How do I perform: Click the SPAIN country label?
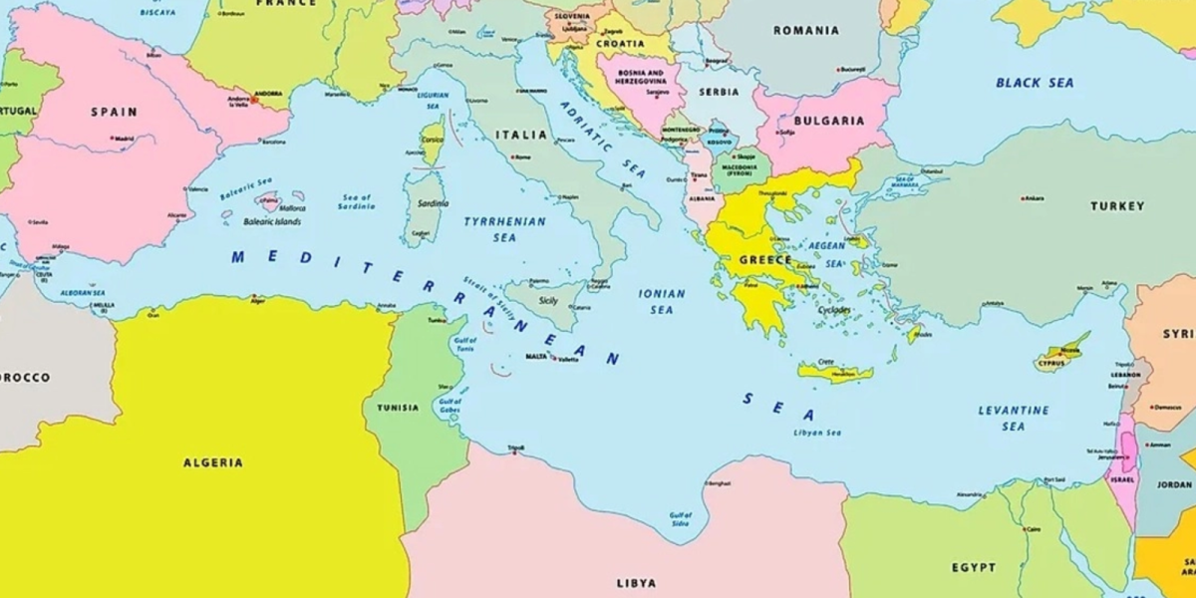(114, 112)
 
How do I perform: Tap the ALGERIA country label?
(212, 462)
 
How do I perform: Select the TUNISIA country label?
(398, 408)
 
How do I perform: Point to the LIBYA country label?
(637, 581)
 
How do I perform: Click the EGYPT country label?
(973, 567)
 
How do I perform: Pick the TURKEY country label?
(1116, 206)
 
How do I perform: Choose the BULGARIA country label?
(830, 121)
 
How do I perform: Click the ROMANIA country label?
(805, 31)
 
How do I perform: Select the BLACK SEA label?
(1035, 83)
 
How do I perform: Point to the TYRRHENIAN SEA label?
(504, 229)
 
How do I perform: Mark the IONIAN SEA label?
(662, 301)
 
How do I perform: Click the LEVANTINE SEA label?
(1013, 418)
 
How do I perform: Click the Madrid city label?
(124, 139)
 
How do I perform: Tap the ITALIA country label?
(520, 135)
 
